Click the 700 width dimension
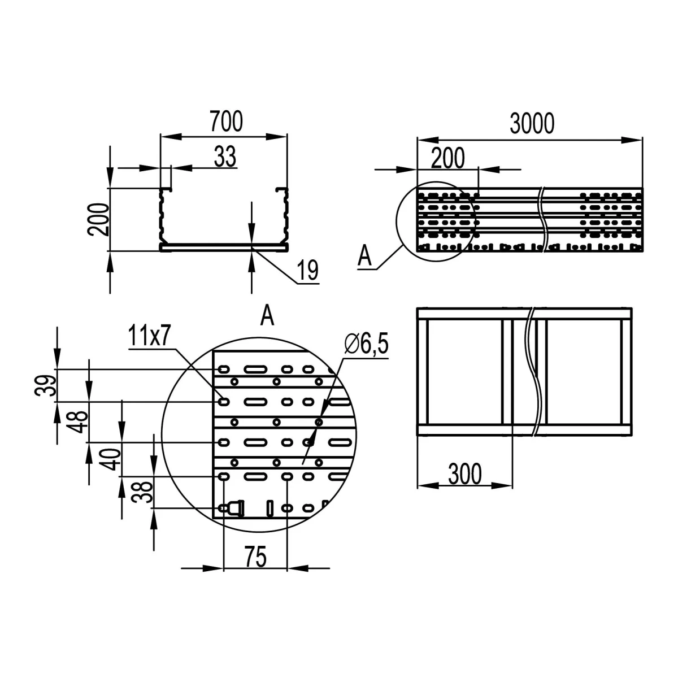(226, 121)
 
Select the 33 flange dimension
(225, 157)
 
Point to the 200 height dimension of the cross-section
(98, 219)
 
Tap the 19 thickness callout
(307, 270)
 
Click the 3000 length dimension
(532, 124)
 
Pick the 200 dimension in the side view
(448, 158)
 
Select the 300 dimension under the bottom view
(465, 474)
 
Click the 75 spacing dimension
(256, 557)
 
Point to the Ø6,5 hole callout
(366, 344)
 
